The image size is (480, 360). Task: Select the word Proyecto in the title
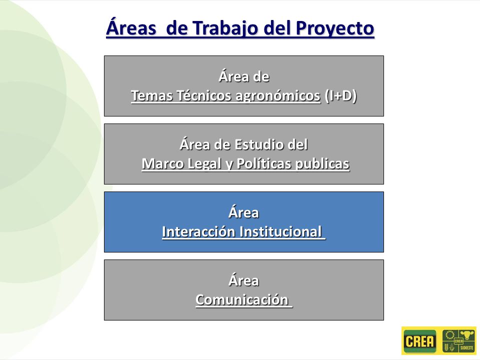click(x=335, y=29)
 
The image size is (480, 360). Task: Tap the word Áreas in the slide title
click(x=131, y=27)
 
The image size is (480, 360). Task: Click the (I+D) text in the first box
click(x=340, y=96)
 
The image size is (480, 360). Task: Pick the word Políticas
click(x=264, y=163)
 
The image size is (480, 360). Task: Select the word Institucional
click(x=280, y=231)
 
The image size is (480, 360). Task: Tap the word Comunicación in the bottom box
click(x=242, y=299)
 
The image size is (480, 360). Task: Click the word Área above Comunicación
click(x=243, y=280)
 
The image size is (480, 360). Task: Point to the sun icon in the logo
click(x=449, y=334)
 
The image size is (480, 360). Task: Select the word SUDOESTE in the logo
click(x=467, y=348)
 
